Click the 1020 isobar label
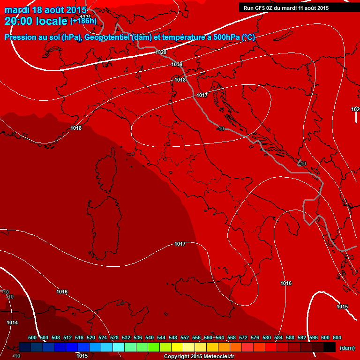tap(161, 52)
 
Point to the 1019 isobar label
tap(177, 64)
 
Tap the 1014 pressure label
tap(12, 322)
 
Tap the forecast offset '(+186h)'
tap(83, 21)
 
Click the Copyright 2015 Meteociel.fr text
tap(199, 356)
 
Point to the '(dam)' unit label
tap(346, 348)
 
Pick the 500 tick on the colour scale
tap(32, 337)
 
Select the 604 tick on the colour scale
tap(337, 337)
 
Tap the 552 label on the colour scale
tap(185, 337)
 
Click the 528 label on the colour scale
tap(114, 337)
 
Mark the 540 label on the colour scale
tap(150, 337)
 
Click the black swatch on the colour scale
tap(330, 347)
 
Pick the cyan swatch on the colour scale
tap(119, 347)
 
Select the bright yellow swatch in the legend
tap(177, 347)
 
